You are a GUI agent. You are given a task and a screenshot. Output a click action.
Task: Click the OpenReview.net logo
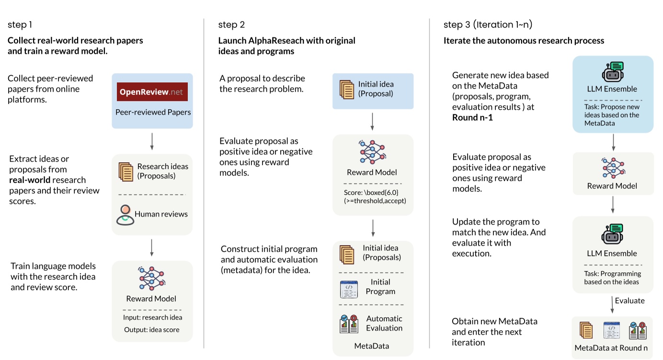pos(152,92)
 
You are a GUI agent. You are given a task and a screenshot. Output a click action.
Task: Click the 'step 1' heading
pos(20,25)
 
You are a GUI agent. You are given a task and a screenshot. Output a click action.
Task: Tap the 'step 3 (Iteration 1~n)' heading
pos(488,25)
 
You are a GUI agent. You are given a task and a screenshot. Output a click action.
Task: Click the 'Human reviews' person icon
pos(125,215)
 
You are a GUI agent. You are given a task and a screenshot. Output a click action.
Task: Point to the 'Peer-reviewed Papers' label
pos(153,112)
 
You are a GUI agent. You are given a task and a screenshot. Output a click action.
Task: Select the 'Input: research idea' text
pos(152,317)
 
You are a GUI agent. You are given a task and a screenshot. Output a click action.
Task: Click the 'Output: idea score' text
pos(152,329)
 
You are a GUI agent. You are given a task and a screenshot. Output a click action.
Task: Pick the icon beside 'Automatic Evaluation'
pos(349,324)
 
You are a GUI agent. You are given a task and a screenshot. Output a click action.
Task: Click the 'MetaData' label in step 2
pos(371,346)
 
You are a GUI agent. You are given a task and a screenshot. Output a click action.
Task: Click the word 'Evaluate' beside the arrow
pos(629,301)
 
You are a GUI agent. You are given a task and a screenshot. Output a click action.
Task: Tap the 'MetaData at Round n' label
pos(612,348)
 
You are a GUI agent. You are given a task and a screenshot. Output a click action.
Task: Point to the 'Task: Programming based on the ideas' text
pos(612,278)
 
